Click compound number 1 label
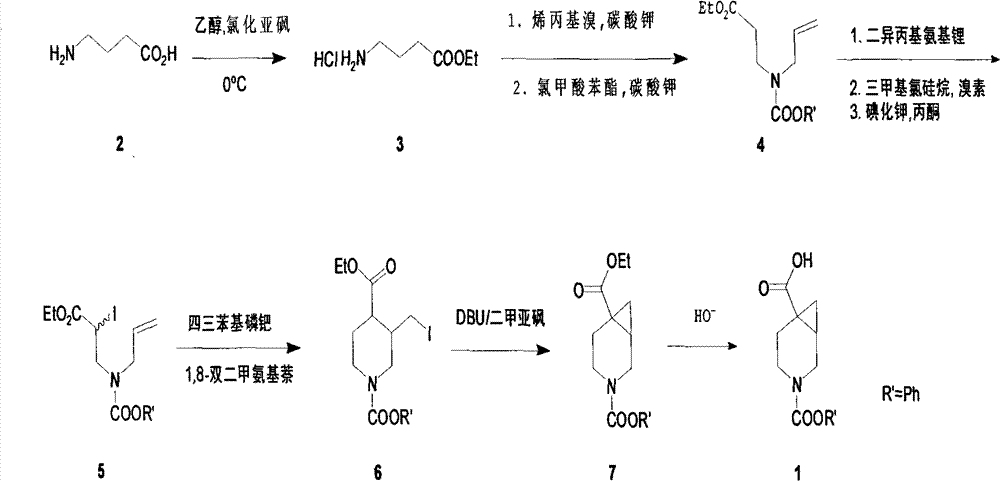(x=796, y=468)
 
